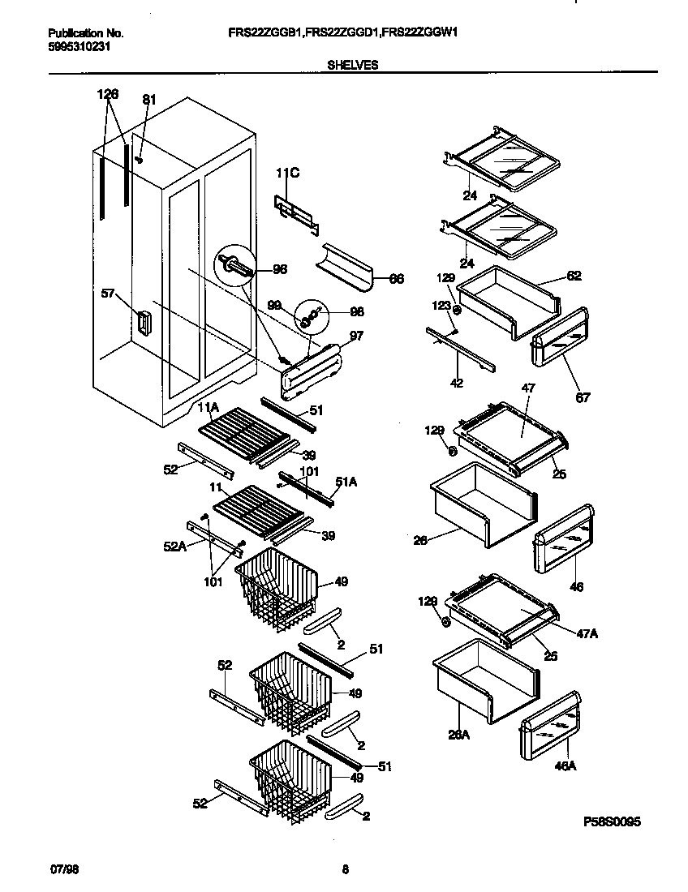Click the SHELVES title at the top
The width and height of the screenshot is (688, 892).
point(352,64)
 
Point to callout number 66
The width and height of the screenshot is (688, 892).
point(396,279)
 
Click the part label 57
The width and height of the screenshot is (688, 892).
point(107,294)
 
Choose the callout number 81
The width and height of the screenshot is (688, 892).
point(148,101)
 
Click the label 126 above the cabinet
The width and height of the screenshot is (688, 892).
point(107,94)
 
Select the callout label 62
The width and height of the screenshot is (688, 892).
point(574,276)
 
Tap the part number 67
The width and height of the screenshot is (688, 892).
point(583,397)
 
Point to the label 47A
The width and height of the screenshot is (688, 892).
point(588,633)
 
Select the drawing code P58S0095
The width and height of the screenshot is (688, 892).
point(613,821)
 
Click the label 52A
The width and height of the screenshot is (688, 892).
point(176,547)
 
